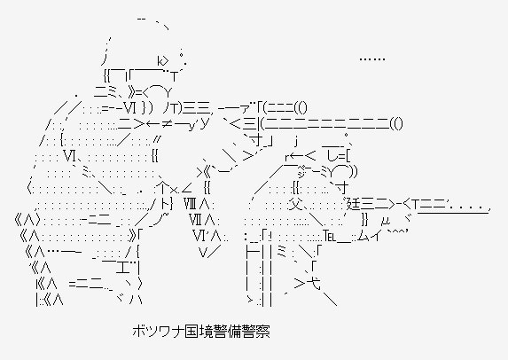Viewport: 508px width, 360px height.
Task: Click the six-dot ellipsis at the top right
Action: (x=372, y=59)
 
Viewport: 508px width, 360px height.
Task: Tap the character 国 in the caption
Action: (x=184, y=332)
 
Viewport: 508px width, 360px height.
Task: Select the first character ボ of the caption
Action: (x=138, y=332)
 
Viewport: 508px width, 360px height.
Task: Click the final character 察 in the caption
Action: (x=262, y=332)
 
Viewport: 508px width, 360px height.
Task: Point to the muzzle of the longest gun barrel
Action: (x=398, y=123)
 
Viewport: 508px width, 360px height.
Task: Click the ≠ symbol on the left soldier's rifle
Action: (x=168, y=124)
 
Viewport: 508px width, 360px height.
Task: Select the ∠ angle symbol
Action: (x=188, y=190)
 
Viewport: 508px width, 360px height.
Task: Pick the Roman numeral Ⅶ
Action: (x=196, y=221)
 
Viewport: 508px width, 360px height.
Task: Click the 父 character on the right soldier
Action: (x=295, y=204)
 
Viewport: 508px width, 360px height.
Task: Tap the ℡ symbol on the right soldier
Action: (x=330, y=237)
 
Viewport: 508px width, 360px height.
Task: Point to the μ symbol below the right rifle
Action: (x=386, y=222)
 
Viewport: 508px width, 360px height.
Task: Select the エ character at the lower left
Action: (x=121, y=268)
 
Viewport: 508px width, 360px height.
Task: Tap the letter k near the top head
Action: (x=160, y=60)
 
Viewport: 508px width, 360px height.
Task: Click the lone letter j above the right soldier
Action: (x=296, y=142)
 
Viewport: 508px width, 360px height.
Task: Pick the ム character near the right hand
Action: (x=363, y=236)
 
